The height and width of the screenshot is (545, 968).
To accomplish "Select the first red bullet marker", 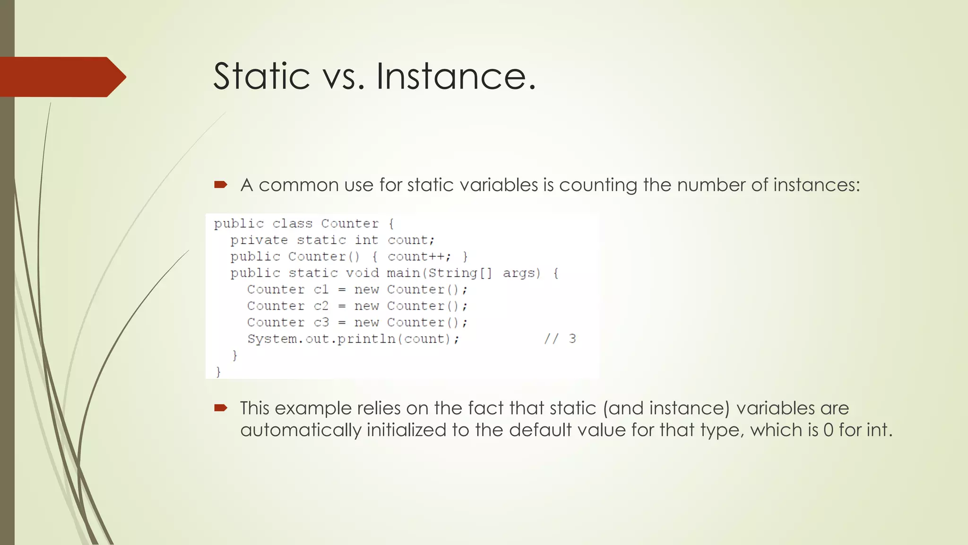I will point(221,185).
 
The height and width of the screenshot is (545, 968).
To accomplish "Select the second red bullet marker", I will point(221,408).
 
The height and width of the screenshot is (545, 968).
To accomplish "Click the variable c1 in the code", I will point(321,290).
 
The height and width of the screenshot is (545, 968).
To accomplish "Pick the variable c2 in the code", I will point(321,306).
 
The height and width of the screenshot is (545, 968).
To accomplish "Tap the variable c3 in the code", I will point(321,323).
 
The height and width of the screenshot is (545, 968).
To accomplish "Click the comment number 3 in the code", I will point(572,339).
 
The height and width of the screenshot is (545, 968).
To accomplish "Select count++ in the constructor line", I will point(416,256).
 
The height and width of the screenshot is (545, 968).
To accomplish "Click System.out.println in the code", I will point(321,339).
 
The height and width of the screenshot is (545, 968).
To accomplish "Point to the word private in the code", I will point(259,240).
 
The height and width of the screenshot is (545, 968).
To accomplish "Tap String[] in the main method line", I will point(460,273).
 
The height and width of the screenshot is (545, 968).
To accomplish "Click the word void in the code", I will point(362,273).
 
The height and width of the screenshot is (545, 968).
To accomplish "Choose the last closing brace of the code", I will point(218,372).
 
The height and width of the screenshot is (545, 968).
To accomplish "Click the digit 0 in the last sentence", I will point(828,430).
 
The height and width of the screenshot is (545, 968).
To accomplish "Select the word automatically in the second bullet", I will point(301,430).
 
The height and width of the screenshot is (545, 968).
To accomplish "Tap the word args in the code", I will point(521,273).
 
